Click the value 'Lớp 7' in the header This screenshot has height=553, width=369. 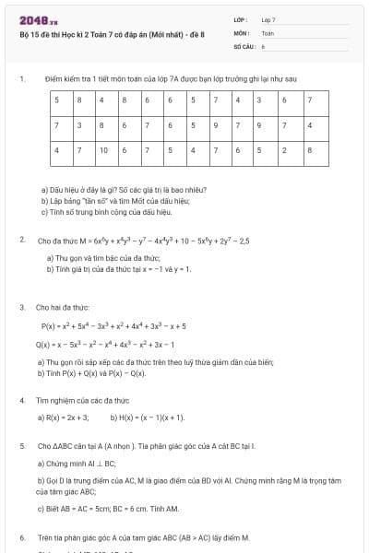tap(268, 19)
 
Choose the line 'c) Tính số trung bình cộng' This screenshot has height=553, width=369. tap(107, 211)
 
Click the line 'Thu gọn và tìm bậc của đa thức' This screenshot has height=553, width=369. tap(102, 258)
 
